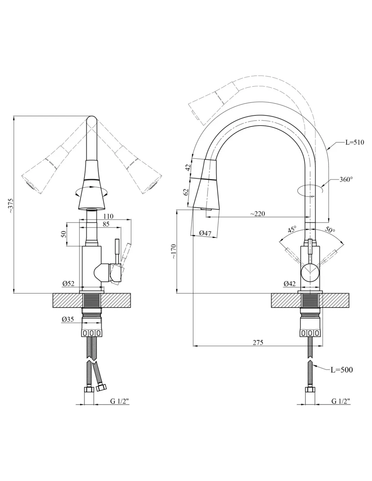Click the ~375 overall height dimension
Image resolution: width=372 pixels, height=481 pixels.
point(11,205)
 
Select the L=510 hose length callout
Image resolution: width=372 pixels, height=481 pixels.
point(354,142)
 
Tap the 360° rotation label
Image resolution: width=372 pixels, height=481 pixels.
point(346,179)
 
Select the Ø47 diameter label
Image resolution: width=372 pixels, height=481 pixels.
point(205,233)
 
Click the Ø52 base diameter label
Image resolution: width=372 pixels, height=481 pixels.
point(68,284)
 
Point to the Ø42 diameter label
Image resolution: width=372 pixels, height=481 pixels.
point(290,284)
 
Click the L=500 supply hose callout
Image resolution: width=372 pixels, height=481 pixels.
point(342,370)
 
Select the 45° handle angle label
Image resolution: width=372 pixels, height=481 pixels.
point(292,230)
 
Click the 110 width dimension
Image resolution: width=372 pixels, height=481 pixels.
point(108,216)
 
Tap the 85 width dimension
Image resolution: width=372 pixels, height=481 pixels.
point(106,224)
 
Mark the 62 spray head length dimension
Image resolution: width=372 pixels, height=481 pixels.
point(186,192)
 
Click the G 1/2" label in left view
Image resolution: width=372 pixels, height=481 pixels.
point(120,401)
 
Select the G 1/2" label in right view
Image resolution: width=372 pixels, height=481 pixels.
point(341,401)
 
